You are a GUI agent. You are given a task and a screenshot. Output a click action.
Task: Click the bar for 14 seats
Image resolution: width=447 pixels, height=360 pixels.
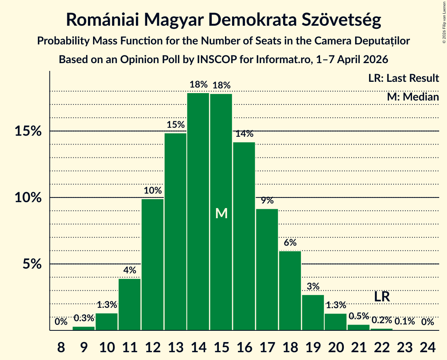click(198, 212)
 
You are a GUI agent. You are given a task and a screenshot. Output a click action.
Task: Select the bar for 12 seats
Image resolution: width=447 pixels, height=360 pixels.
click(153, 265)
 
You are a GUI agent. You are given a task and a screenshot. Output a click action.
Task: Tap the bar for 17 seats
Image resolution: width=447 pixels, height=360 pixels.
click(267, 270)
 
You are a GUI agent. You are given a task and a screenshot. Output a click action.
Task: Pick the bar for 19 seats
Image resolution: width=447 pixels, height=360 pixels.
click(313, 312)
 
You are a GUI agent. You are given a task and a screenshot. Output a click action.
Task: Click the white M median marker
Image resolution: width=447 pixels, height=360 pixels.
click(222, 214)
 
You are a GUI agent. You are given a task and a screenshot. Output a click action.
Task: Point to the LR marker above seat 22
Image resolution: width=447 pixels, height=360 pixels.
click(382, 296)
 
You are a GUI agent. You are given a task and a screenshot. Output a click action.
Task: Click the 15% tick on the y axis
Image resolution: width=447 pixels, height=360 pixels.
click(28, 131)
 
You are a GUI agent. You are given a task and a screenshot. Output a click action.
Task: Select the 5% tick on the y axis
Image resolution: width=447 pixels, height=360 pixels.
click(32, 264)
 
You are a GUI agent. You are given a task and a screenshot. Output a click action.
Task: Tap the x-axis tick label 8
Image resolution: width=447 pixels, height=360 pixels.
click(61, 348)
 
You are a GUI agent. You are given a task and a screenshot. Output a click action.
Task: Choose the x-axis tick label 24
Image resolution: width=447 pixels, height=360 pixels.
click(428, 348)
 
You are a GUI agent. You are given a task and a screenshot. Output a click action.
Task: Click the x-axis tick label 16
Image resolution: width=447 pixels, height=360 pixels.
click(244, 348)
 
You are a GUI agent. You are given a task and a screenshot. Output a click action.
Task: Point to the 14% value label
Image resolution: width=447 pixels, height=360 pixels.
click(244, 134)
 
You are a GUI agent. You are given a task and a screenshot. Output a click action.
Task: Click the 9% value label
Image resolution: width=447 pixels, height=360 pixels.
click(267, 200)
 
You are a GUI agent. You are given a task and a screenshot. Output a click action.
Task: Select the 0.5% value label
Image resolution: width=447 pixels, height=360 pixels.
click(359, 316)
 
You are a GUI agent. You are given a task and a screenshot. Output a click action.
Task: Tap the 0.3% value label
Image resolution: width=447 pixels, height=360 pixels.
click(84, 318)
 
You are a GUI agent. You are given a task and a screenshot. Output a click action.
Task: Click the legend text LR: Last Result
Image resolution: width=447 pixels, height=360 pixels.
click(403, 78)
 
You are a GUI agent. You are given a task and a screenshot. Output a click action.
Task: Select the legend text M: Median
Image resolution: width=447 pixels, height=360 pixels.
click(413, 97)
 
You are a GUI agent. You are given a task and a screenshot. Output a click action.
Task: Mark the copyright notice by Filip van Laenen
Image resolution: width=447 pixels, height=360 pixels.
click(444, 22)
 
